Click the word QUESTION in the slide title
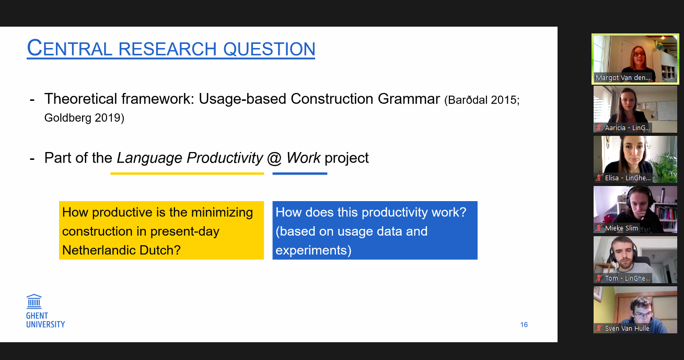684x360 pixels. tap(269, 49)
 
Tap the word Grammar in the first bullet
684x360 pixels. tap(409, 99)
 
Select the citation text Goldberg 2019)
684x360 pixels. tap(84, 118)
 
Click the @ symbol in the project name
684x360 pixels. tap(274, 158)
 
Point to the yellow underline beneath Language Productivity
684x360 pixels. tap(187, 173)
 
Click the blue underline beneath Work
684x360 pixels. tap(300, 173)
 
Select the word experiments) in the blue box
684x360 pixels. tap(314, 250)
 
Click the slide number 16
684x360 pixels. tap(524, 324)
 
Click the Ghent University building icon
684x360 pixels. tap(34, 301)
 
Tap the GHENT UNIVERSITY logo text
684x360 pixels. tap(45, 320)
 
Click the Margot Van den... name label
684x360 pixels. tap(623, 77)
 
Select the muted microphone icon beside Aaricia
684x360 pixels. tap(599, 127)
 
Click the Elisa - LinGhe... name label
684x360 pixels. tap(628, 178)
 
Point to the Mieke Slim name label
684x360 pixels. tap(621, 228)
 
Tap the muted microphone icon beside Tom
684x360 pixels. tap(599, 278)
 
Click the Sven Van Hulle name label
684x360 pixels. tap(627, 329)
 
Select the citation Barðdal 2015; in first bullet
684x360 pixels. tap(482, 100)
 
